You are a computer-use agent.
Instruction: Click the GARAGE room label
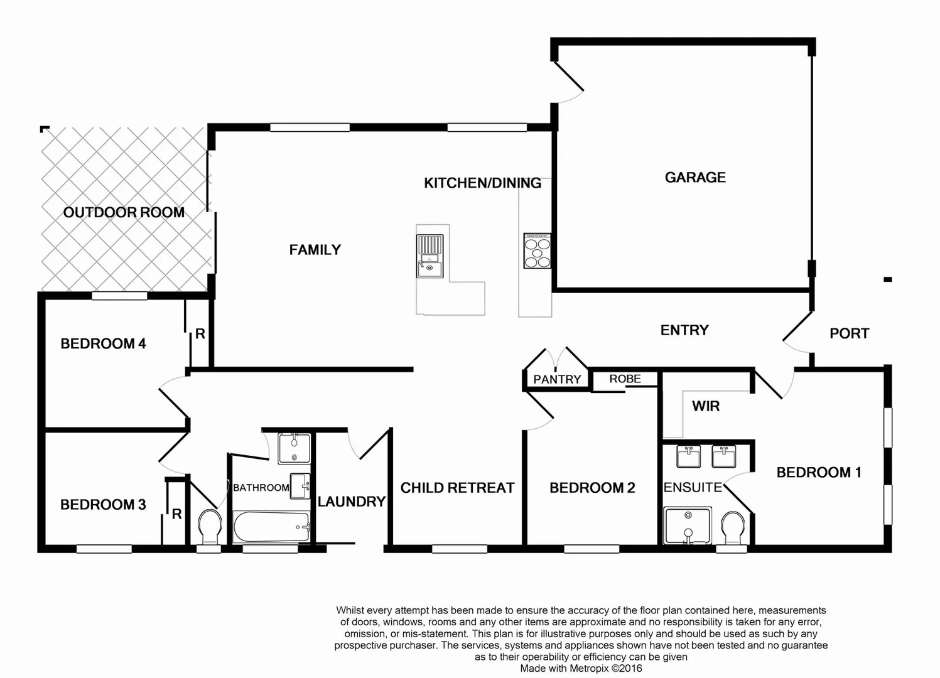695,178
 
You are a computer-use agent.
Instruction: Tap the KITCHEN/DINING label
482,183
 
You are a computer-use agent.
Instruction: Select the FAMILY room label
315,250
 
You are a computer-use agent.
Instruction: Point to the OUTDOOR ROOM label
124,212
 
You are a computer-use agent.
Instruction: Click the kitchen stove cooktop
538,250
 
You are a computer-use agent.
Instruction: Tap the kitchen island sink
429,256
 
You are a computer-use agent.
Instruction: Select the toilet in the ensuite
732,527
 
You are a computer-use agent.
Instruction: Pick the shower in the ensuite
688,525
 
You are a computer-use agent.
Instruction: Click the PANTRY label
557,379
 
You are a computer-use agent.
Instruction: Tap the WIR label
706,406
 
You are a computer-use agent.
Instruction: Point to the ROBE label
625,379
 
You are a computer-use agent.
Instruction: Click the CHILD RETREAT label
457,488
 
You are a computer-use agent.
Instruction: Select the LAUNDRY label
351,502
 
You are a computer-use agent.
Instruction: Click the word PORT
849,333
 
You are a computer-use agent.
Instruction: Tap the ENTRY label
684,330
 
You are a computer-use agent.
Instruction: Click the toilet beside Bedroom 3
210,526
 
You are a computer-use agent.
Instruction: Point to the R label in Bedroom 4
200,334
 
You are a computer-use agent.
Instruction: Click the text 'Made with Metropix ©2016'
581,669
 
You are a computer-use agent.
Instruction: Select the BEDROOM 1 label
819,472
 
